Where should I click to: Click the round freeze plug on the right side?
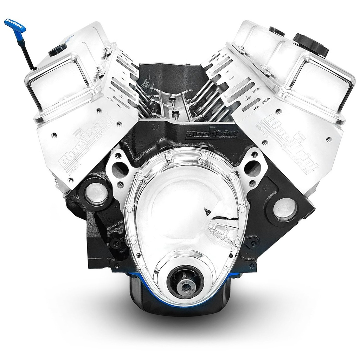(x=285, y=209)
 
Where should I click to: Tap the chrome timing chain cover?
(x=183, y=211)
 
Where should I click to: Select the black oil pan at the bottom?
(x=148, y=299)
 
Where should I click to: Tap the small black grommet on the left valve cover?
(x=57, y=50)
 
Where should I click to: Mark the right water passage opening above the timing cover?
(x=253, y=169)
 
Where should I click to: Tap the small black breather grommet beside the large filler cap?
(x=277, y=31)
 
